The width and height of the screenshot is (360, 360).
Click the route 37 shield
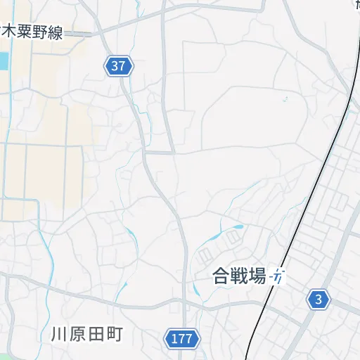click(x=120, y=67)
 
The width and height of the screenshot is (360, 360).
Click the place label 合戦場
click(x=239, y=277)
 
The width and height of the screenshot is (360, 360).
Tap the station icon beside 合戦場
click(x=279, y=277)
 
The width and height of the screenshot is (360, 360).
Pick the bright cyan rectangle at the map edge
click(x=3, y=61)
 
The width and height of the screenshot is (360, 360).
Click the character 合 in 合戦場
click(x=221, y=277)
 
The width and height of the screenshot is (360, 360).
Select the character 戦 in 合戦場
click(x=239, y=277)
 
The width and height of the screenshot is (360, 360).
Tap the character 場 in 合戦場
click(x=257, y=277)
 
